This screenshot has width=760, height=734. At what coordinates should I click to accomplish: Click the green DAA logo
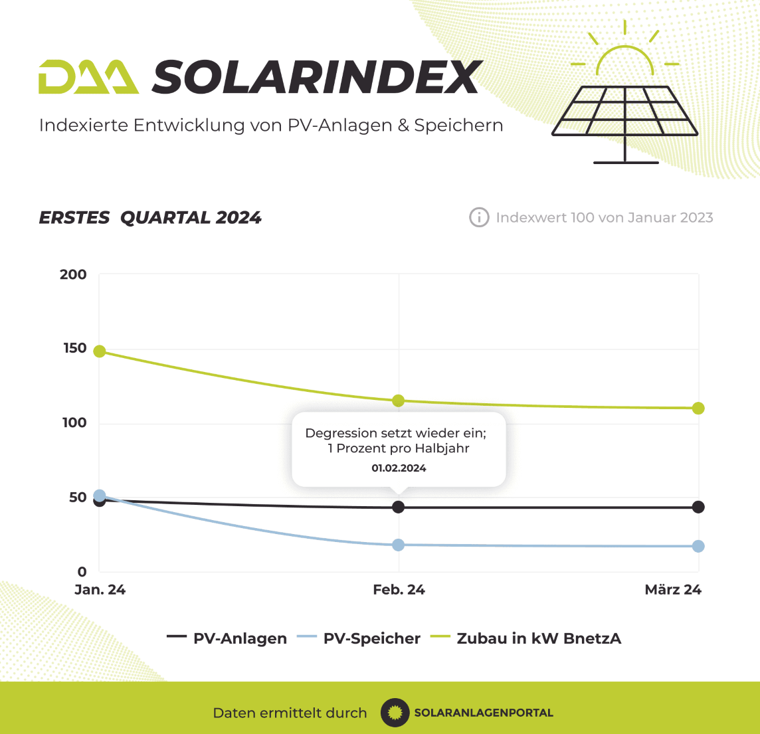[x=89, y=76]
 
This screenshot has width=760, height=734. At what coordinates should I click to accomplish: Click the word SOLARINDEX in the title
[x=318, y=76]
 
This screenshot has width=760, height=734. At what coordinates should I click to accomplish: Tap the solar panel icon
[x=624, y=92]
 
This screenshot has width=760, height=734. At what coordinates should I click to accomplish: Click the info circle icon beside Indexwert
[x=479, y=217]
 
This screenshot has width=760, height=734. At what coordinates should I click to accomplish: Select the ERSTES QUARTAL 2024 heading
[x=150, y=217]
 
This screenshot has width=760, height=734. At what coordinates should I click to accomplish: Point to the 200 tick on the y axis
[x=73, y=275]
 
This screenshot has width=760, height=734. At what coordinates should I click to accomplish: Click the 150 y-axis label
[x=74, y=348]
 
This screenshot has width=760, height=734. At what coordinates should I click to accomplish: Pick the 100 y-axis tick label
[x=74, y=423]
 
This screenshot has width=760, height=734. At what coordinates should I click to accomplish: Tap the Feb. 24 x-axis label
[x=399, y=590]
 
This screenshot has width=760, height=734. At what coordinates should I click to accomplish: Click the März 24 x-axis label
[x=673, y=590]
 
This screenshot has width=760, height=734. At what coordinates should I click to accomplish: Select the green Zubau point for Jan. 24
[x=100, y=351]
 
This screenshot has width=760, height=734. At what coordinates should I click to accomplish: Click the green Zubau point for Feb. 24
[x=399, y=401]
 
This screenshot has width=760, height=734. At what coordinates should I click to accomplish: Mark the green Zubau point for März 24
[x=698, y=409]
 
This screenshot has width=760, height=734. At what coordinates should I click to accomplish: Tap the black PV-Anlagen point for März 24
[x=698, y=507]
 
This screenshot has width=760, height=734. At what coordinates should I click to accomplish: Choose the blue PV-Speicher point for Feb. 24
[x=399, y=545]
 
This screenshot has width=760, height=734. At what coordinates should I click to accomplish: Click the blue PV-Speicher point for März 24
[x=698, y=547]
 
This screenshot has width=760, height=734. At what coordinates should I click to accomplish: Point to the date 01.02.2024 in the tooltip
[x=399, y=468]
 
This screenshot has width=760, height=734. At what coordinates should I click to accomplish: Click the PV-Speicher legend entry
[x=359, y=638]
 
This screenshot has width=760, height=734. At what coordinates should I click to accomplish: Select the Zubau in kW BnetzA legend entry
[x=526, y=638]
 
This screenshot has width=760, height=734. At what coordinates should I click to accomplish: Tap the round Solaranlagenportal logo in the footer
[x=395, y=713]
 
